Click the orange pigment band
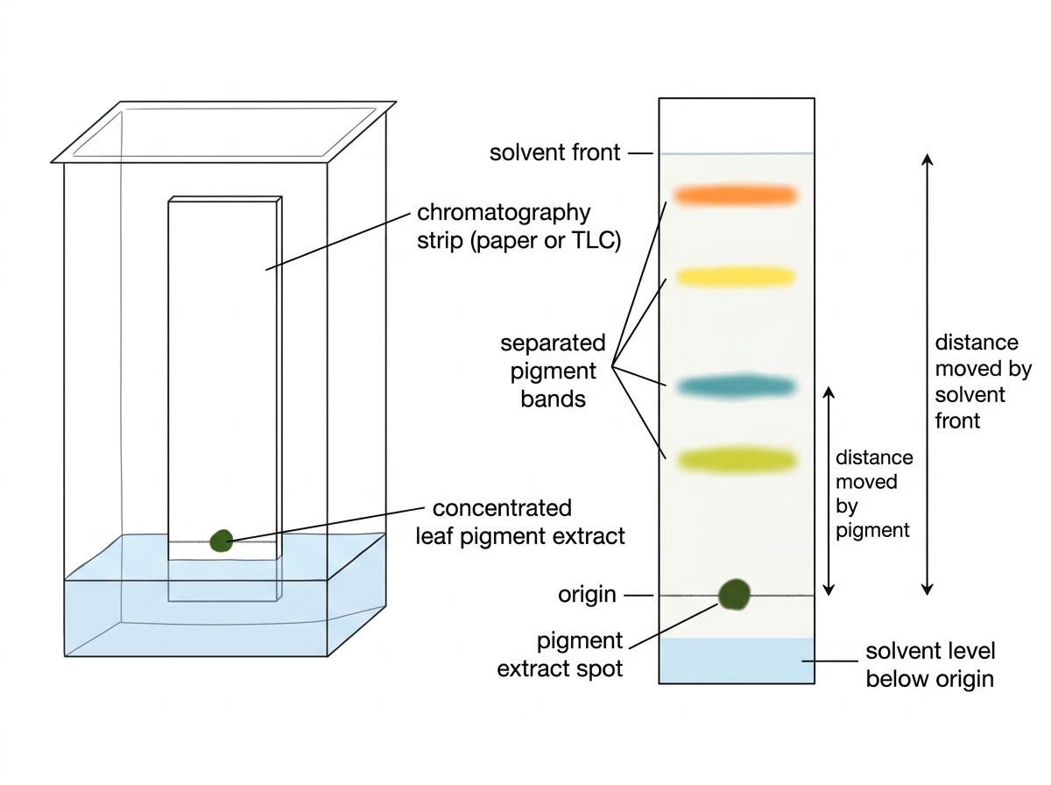point(736,195)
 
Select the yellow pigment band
point(736,276)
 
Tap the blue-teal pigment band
point(737,386)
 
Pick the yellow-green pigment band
point(737,460)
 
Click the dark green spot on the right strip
point(734,594)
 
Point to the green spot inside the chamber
point(222,541)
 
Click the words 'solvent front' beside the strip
point(554,152)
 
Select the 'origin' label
point(587,595)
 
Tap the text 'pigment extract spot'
point(560,654)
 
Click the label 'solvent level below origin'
point(930,665)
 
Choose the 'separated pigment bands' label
point(553,371)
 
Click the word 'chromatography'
point(504,213)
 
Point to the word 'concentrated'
point(502,507)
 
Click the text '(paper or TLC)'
point(546,240)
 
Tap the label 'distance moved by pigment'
point(874,494)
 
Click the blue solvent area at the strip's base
point(737,661)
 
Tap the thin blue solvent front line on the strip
point(737,153)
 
